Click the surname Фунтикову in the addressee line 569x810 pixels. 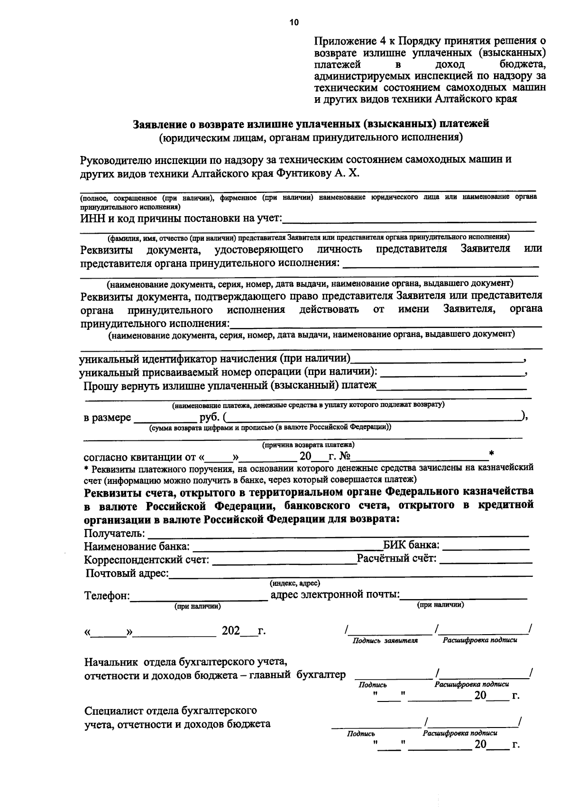[303, 173]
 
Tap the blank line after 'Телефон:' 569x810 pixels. [199, 596]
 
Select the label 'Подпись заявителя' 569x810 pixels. [385, 641]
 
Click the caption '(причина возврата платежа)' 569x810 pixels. [308, 446]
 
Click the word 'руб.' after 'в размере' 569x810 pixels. [210, 418]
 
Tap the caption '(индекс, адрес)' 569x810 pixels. [295, 583]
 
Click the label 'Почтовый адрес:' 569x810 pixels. [127, 573]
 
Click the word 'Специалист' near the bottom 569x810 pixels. [112, 711]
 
